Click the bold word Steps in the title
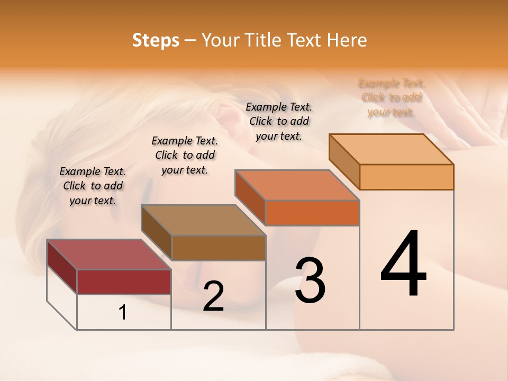(156, 40)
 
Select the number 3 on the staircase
(310, 281)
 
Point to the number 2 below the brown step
(214, 296)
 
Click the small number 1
(123, 313)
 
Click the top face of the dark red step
(108, 255)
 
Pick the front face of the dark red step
(124, 282)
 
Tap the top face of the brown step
(203, 220)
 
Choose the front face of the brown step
(219, 248)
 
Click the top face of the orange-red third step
(297, 185)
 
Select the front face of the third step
(312, 213)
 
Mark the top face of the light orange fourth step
(392, 149)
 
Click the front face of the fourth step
(406, 177)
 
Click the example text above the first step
(93, 186)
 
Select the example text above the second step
(185, 155)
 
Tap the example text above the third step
(279, 121)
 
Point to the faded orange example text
(392, 97)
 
